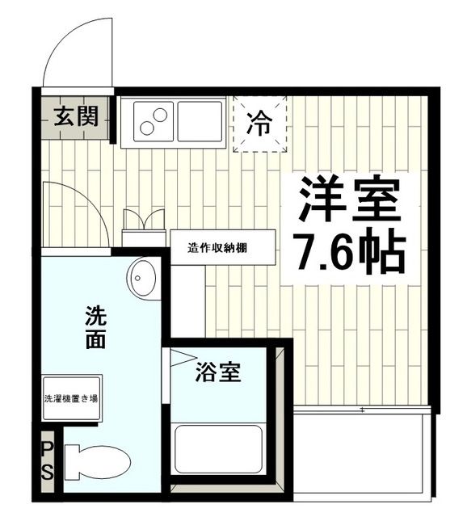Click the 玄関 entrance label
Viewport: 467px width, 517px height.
tap(77, 117)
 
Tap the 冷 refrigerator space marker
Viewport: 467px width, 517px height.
tap(259, 124)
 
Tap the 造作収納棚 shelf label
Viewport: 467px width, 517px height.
tap(217, 247)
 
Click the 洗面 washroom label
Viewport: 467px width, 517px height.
tap(95, 327)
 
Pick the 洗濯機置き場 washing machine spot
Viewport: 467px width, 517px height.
tap(72, 397)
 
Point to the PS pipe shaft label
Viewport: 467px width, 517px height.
tap(47, 460)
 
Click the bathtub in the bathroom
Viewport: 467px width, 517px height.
tap(221, 449)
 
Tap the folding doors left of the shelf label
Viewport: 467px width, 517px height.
tap(143, 221)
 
